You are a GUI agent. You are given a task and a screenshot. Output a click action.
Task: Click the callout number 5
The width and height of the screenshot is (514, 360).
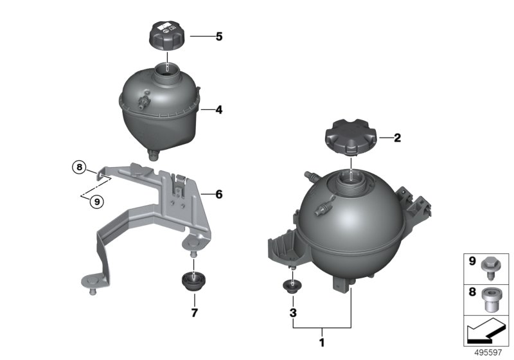point(219,37)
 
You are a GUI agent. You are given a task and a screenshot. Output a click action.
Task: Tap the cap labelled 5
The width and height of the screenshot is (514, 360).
point(167,37)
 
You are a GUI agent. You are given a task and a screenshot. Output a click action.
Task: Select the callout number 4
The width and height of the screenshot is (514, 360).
point(219,110)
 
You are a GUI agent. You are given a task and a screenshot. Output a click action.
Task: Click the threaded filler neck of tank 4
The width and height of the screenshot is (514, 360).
point(167,75)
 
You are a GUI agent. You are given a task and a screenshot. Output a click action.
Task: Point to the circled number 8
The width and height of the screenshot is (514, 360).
point(79,167)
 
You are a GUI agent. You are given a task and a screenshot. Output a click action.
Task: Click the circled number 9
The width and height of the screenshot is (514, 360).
point(97,202)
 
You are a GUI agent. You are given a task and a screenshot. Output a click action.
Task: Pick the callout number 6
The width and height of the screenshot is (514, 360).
point(219,194)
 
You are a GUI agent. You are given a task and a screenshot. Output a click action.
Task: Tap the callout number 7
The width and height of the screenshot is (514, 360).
point(195,313)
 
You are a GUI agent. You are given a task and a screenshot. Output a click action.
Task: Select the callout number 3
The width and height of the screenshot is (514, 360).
point(293,313)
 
